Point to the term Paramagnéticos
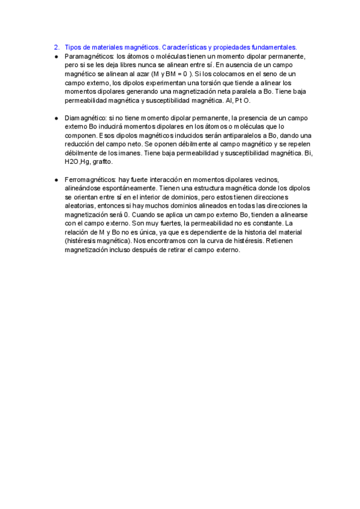pos(88,56)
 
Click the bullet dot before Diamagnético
pos(56,119)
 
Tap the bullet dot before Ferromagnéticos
pos(56,180)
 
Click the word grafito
pos(101,162)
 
